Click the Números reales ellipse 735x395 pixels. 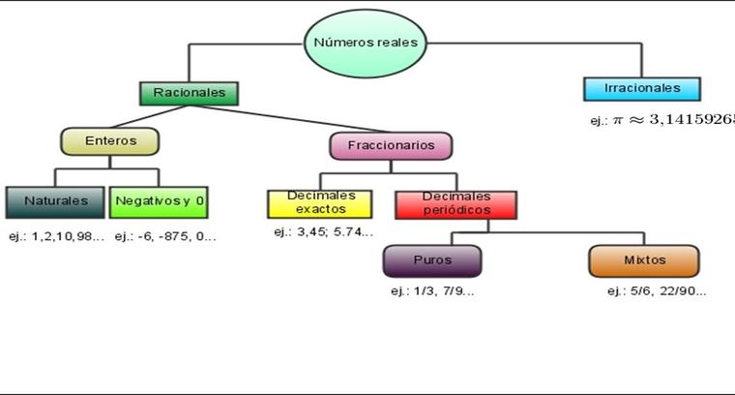click(367, 44)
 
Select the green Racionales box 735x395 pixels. click(189, 93)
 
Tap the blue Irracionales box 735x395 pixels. click(641, 88)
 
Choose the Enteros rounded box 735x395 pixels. click(109, 141)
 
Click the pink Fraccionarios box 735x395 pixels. click(391, 146)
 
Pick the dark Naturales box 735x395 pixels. click(55, 201)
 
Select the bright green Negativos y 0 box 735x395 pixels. click(160, 201)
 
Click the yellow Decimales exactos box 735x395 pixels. click(319, 202)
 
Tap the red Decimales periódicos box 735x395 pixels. click(456, 203)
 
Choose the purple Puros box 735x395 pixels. click(431, 260)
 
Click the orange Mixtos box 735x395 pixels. click(644, 260)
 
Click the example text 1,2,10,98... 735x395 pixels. click(66, 236)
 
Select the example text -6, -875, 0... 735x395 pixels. click(175, 236)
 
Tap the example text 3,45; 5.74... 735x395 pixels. click(332, 232)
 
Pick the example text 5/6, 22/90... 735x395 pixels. click(668, 291)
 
